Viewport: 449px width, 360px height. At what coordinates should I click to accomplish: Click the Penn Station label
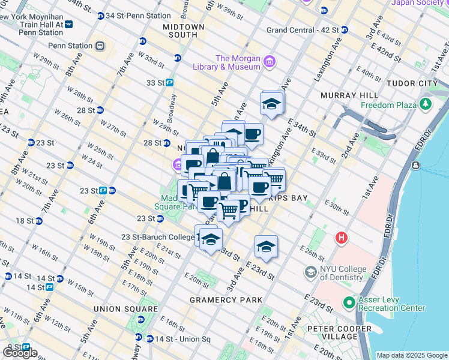point(70,46)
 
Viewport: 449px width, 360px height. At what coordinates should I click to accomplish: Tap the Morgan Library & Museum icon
point(270,61)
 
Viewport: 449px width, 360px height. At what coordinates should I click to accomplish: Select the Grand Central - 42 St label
point(303,29)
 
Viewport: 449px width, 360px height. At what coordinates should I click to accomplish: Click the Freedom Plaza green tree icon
point(426,105)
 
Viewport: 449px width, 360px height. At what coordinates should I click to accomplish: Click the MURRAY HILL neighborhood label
point(349,95)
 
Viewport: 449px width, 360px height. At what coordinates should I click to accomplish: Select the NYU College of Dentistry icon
point(310,272)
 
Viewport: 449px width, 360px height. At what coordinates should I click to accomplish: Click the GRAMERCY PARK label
point(226,299)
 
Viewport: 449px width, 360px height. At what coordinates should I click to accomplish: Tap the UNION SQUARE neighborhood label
point(116,308)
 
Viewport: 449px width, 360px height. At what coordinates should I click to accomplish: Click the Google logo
point(20,353)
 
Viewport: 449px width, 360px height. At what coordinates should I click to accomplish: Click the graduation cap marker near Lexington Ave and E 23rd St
point(266,246)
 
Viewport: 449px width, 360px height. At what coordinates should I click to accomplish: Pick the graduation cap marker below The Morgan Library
point(272,104)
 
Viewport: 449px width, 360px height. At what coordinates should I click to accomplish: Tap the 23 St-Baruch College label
point(157,237)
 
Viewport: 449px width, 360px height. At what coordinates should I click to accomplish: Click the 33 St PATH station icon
point(170,83)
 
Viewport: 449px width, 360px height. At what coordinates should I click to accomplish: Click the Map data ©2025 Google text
point(411,355)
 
